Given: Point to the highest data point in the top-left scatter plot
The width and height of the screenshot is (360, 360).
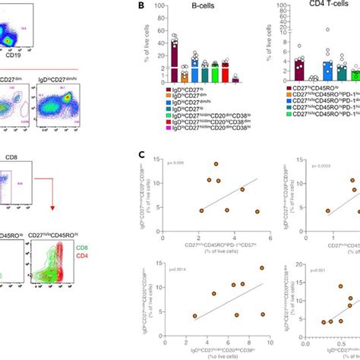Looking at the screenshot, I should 216,163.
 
